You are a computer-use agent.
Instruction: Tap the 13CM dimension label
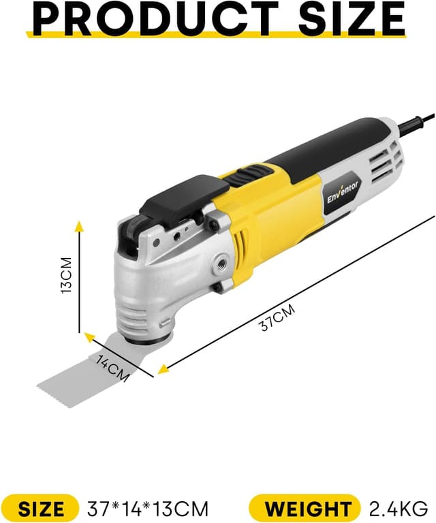pos(66,275)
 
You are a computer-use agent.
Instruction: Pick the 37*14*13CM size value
pos(147,508)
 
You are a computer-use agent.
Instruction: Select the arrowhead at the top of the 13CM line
pos(80,226)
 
